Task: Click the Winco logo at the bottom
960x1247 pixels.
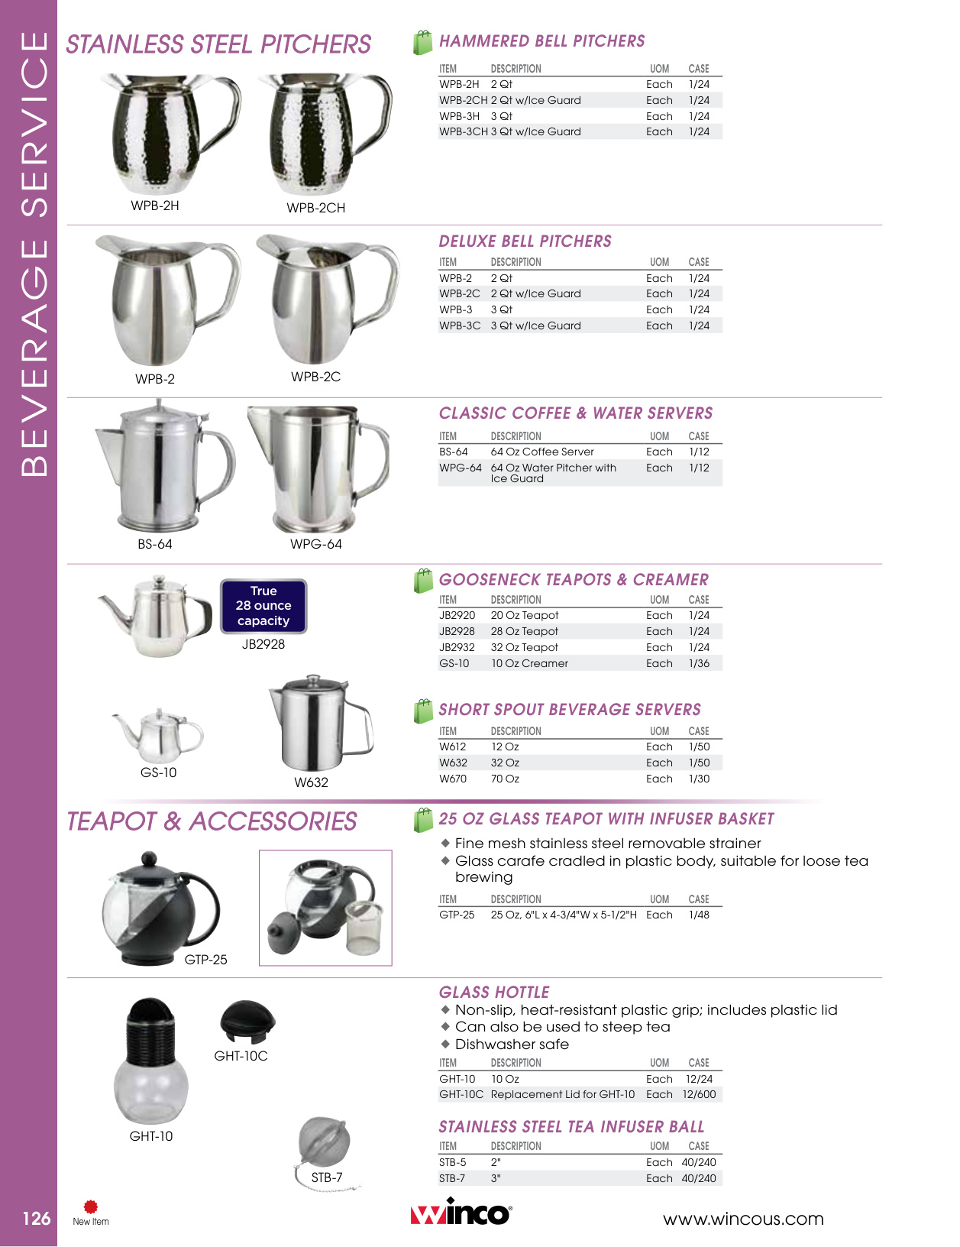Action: tap(461, 1213)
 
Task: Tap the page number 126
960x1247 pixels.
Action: tap(36, 1219)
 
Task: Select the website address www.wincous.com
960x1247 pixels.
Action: tap(742, 1219)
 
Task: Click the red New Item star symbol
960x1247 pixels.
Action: tap(91, 1207)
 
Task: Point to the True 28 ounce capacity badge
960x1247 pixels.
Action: tap(263, 606)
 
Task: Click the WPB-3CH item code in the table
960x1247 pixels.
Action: tap(463, 131)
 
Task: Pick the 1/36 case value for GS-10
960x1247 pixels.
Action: tap(699, 663)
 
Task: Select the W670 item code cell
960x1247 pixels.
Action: tap(453, 779)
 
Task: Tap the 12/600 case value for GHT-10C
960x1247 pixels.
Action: tap(699, 1094)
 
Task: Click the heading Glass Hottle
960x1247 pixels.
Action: tap(494, 993)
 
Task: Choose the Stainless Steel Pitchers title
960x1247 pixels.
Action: tap(218, 44)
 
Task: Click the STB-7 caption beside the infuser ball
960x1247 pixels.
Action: tap(327, 1177)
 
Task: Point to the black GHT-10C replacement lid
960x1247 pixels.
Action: tap(247, 1021)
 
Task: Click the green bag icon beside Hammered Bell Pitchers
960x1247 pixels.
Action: tap(422, 43)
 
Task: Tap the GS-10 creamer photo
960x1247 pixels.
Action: tap(158, 732)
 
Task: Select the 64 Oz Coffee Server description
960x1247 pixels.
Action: tap(542, 452)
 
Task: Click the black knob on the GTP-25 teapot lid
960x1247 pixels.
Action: tap(150, 860)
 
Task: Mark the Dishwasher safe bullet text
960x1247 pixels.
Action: tap(512, 1045)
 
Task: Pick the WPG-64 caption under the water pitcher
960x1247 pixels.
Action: tap(316, 544)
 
